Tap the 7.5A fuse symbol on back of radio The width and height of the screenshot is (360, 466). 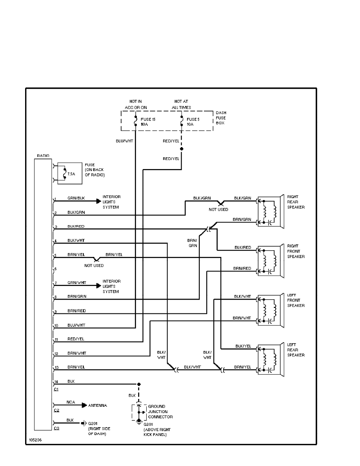click(64, 173)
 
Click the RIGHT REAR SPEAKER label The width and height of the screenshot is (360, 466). click(296, 202)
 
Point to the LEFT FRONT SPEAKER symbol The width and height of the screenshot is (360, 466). click(270, 310)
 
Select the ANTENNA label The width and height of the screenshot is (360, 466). click(98, 405)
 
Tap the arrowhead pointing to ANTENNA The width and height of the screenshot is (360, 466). click(84, 405)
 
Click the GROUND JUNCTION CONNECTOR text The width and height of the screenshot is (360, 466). click(160, 411)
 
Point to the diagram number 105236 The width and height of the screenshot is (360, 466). click(35, 440)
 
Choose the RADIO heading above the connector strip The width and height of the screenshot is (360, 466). click(43, 156)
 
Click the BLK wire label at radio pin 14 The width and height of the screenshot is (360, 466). click(71, 381)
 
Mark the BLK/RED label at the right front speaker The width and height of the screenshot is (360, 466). click(242, 248)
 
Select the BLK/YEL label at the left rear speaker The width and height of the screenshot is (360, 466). click(243, 346)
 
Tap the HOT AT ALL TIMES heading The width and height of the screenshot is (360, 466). click(182, 104)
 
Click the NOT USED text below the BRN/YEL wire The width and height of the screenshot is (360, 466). click(94, 266)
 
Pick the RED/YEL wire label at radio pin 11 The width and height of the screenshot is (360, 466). click(76, 339)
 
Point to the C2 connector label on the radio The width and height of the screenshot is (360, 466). click(56, 410)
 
